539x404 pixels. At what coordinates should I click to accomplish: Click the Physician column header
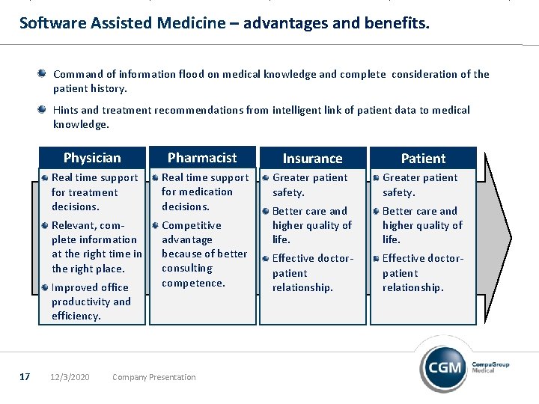[x=92, y=158]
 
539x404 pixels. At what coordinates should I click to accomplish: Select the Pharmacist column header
[x=201, y=158]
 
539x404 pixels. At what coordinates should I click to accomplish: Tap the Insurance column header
[x=312, y=159]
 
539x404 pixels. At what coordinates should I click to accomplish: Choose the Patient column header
[x=423, y=159]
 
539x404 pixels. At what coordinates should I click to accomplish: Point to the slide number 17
[x=24, y=376]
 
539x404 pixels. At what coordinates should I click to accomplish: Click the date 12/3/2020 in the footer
[x=70, y=377]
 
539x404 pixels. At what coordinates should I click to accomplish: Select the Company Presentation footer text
[x=153, y=377]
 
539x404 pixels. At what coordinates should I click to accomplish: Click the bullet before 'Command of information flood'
[x=43, y=73]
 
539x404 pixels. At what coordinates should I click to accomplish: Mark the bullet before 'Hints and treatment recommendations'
[x=43, y=109]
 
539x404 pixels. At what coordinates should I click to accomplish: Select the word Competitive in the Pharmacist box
[x=192, y=225]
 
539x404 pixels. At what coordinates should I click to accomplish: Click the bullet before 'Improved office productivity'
[x=46, y=287]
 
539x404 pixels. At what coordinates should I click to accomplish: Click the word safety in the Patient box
[x=398, y=192]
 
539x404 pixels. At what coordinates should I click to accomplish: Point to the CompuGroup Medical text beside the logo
[x=490, y=367]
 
